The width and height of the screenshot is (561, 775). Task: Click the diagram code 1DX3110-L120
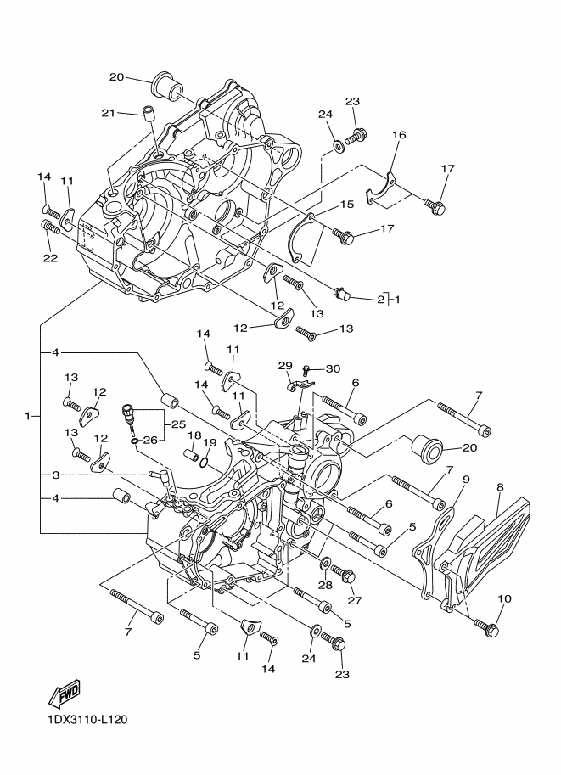[87, 719]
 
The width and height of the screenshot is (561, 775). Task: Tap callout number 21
[109, 113]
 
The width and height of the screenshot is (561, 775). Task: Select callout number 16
[399, 135]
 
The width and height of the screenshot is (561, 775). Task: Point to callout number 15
[347, 204]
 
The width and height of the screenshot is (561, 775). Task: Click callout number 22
[50, 257]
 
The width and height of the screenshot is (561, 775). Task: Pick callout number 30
[334, 368]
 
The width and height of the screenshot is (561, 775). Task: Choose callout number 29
[285, 366]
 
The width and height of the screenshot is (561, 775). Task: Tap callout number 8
[500, 487]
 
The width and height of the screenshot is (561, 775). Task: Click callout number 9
[466, 479]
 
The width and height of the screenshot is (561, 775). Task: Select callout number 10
[505, 599]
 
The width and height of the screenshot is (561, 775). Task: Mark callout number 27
[355, 600]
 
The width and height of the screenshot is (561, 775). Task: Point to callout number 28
[325, 585]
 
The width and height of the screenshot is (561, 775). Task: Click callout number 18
[194, 435]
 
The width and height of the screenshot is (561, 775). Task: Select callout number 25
[178, 424]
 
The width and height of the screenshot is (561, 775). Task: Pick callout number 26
[150, 439]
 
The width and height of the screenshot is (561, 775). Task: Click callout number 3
[56, 475]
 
